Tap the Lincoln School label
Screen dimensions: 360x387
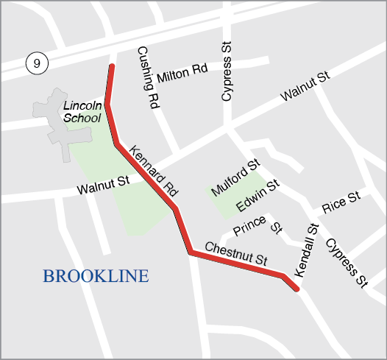click(x=82, y=111)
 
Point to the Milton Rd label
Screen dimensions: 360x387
click(x=182, y=73)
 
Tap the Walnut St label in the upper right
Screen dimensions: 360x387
click(x=304, y=87)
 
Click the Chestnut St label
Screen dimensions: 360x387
click(x=235, y=253)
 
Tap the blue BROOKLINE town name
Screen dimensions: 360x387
click(x=96, y=277)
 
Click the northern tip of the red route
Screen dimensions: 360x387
click(x=112, y=67)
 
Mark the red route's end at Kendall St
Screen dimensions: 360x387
click(x=296, y=289)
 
